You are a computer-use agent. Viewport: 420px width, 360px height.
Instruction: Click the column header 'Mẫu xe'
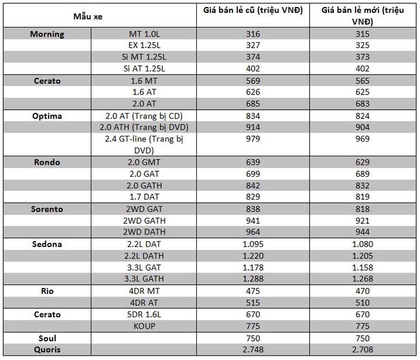(88, 17)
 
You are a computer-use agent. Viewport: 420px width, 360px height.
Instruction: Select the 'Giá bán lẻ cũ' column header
(253, 10)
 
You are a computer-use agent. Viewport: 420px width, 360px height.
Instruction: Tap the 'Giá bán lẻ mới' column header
(363, 16)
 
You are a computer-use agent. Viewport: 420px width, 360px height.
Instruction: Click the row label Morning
(47, 34)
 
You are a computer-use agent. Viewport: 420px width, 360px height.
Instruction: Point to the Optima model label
(47, 116)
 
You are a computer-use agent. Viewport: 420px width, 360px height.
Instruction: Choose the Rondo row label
(47, 162)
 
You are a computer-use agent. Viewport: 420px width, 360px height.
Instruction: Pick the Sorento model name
(47, 209)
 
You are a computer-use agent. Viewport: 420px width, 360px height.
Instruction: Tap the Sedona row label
(47, 244)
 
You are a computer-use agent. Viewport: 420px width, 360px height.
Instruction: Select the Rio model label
(48, 291)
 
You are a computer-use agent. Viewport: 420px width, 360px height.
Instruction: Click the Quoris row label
(48, 349)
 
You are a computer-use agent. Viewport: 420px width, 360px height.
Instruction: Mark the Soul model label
(48, 338)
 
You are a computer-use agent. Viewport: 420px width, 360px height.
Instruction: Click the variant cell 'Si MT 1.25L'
(144, 57)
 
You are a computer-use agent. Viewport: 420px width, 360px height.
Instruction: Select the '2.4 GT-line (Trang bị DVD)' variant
(144, 145)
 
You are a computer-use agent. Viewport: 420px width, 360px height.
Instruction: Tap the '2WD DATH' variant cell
(144, 232)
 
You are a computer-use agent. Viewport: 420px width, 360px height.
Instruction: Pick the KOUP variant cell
(144, 326)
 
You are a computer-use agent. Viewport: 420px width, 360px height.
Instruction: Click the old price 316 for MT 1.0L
(253, 34)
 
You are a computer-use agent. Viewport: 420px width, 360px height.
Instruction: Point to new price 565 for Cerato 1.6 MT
(362, 81)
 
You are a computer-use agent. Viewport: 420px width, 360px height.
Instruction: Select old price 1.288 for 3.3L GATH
(253, 278)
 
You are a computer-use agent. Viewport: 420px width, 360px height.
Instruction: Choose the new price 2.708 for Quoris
(362, 349)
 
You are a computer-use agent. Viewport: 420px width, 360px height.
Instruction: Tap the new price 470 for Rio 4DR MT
(362, 291)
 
